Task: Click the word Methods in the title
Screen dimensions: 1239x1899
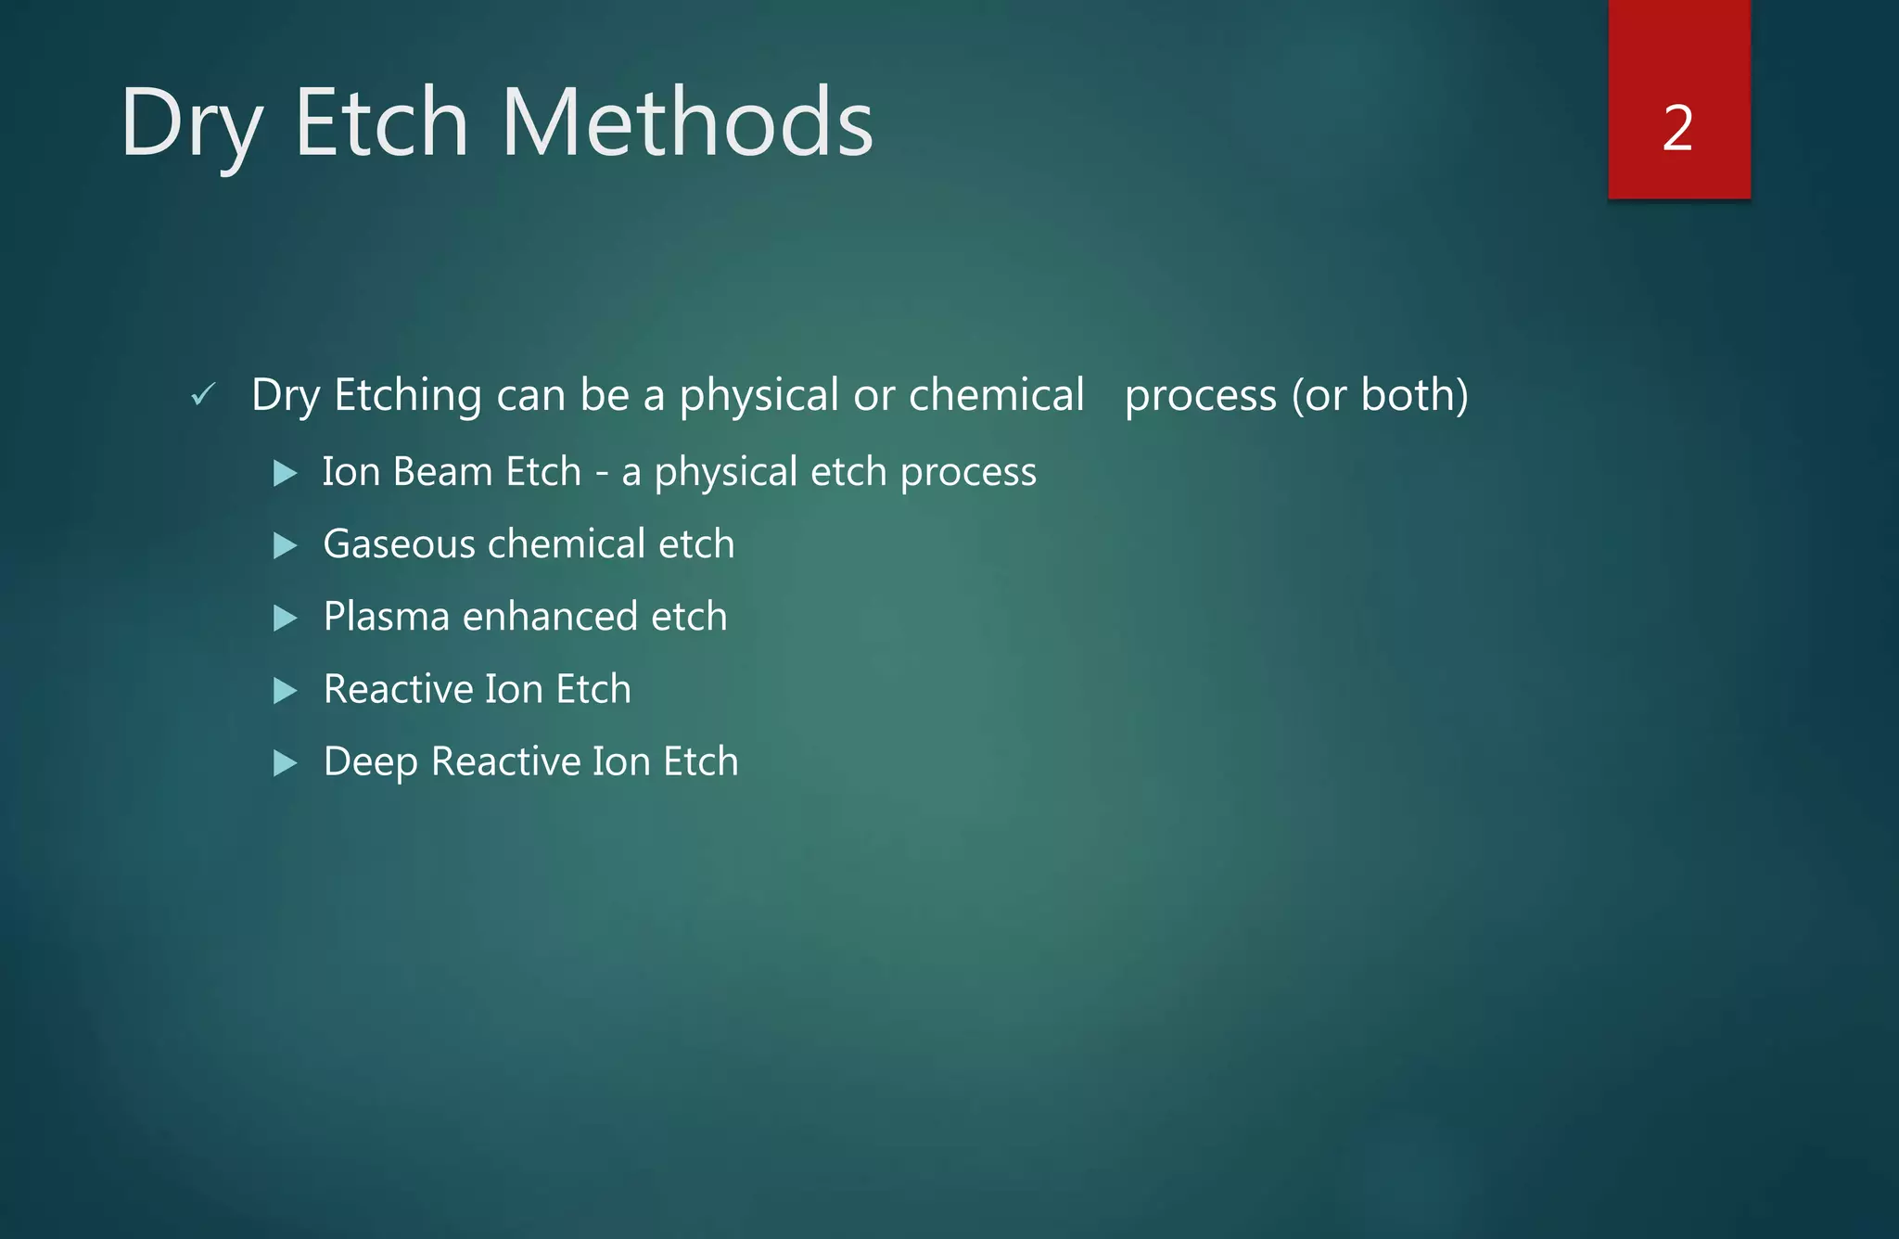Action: (x=687, y=122)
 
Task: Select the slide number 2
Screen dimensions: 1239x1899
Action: (x=1677, y=128)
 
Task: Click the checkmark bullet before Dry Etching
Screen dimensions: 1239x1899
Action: (x=203, y=395)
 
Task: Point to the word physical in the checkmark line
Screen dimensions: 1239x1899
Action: (x=758, y=397)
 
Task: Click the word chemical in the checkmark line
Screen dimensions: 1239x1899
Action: (x=996, y=395)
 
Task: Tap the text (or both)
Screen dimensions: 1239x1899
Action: (x=1380, y=397)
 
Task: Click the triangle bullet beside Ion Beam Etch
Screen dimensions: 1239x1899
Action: (x=286, y=473)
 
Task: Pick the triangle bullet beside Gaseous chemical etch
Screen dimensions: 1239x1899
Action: (x=286, y=545)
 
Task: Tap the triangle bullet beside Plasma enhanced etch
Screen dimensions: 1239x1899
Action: (x=286, y=618)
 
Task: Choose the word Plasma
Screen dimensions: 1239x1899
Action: (x=386, y=618)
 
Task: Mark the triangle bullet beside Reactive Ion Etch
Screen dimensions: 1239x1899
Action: (x=286, y=690)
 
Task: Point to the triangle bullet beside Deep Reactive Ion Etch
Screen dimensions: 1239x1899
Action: (x=286, y=763)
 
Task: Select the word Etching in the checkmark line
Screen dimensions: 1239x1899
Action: (x=407, y=397)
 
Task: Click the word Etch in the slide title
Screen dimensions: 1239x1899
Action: (x=381, y=122)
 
